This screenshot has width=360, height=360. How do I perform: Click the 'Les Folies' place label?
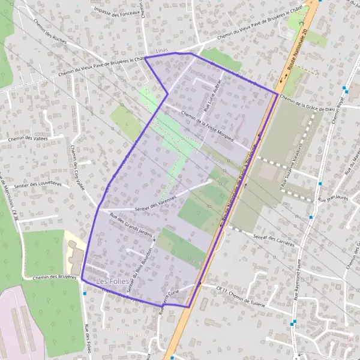click(110, 281)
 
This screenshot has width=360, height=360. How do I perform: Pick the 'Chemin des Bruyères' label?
click(52, 277)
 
